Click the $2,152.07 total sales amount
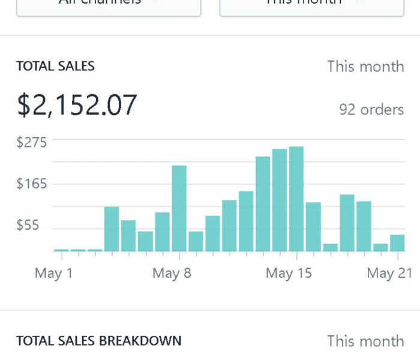[x=77, y=105]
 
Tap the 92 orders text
[x=371, y=110]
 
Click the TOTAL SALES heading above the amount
[x=55, y=66]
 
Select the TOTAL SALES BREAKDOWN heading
[x=98, y=341]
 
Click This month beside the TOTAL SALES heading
[x=365, y=66]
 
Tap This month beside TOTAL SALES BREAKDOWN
[x=365, y=341]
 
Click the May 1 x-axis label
[x=53, y=274]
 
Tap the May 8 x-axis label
[x=172, y=274]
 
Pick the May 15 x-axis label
[x=289, y=274]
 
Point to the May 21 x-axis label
[x=389, y=274]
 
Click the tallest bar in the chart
[x=296, y=199]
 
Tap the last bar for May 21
[x=397, y=243]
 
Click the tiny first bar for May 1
[x=61, y=250]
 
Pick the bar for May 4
[x=112, y=229]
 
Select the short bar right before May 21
[x=380, y=247]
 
